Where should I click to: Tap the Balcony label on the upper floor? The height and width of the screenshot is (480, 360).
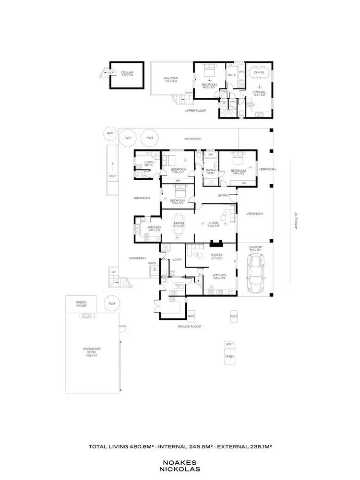[x=171, y=79]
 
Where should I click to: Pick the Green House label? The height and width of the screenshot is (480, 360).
[x=81, y=304]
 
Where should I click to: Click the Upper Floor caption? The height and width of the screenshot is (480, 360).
[x=195, y=111]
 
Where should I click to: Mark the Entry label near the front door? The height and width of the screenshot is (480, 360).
[x=223, y=195]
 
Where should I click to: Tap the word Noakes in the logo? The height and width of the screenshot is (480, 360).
[x=181, y=462]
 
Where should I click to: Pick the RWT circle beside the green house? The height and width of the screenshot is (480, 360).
[x=112, y=304]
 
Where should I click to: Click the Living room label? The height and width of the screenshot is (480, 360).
[x=214, y=223]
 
